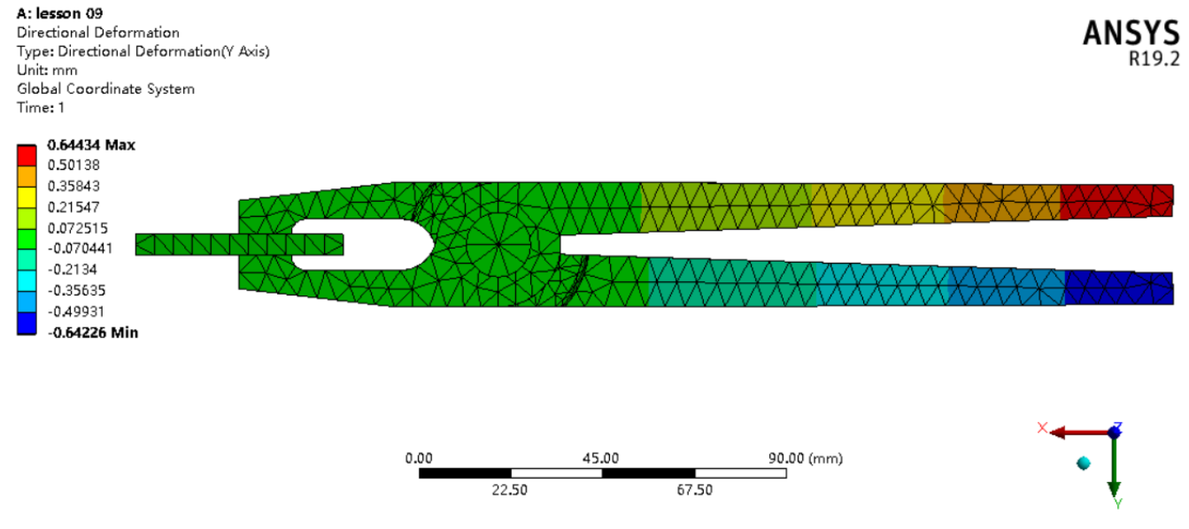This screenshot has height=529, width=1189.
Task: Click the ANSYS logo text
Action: click(x=1131, y=34)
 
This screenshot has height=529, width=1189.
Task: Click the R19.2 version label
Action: click(x=1154, y=59)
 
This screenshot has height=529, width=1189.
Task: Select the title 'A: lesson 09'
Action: click(x=58, y=13)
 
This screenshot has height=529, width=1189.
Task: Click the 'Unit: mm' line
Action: click(x=47, y=70)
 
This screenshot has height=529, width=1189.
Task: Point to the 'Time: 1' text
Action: click(x=41, y=107)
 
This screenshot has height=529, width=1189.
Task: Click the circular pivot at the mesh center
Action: click(x=498, y=243)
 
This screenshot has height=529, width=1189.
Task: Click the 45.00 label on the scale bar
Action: click(x=600, y=458)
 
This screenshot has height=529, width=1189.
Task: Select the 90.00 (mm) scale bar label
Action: click(x=804, y=458)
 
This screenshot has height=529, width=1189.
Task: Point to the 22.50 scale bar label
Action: click(x=509, y=490)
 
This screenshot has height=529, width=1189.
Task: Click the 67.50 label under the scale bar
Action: click(x=694, y=490)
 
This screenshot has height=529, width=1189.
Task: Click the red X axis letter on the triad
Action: click(x=1042, y=428)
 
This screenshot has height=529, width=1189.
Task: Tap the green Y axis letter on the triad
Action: click(x=1118, y=504)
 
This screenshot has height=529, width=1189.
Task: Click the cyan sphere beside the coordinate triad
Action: click(x=1083, y=463)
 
